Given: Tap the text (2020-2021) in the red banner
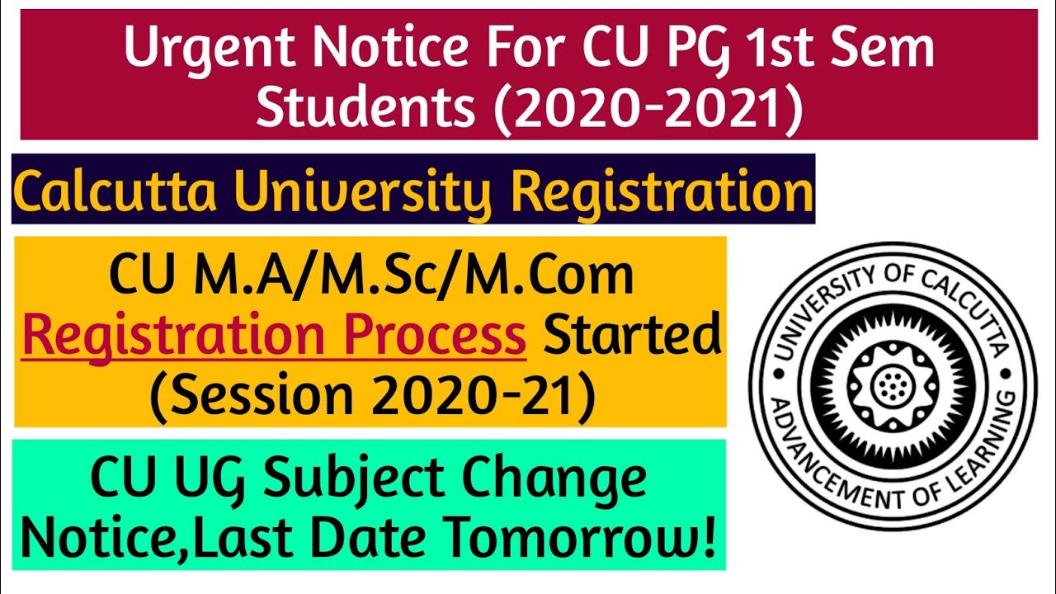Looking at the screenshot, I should pyautogui.click(x=649, y=110).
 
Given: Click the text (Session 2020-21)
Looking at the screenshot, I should pyautogui.click(x=372, y=396).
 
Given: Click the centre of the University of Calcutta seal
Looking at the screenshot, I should pyautogui.click(x=892, y=385).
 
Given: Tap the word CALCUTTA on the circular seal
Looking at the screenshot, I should pyautogui.click(x=956, y=302).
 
